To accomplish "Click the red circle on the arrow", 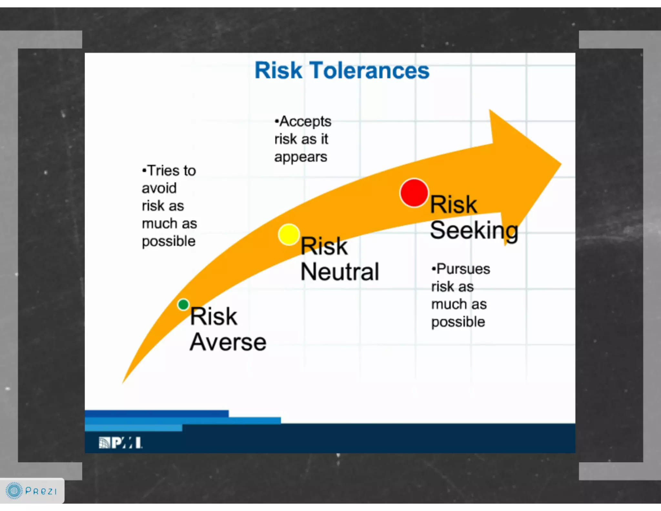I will [414, 193].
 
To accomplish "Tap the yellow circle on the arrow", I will [289, 235].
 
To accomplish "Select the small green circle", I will [183, 304].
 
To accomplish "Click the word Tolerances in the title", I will [370, 70].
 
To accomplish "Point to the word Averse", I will [228, 342].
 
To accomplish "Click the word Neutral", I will [340, 272].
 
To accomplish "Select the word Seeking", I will [474, 231].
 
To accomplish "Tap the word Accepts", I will [305, 122].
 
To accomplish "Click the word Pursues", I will [463, 269].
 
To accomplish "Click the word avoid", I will [159, 188].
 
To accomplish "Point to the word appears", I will [301, 157].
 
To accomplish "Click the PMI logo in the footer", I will [120, 443].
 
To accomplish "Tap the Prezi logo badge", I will [32, 491].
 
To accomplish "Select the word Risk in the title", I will [278, 70].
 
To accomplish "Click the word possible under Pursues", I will [458, 322].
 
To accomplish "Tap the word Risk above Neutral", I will [324, 246].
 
